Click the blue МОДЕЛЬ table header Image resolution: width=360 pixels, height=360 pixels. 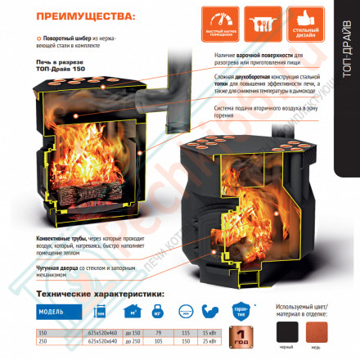click(57, 312)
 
